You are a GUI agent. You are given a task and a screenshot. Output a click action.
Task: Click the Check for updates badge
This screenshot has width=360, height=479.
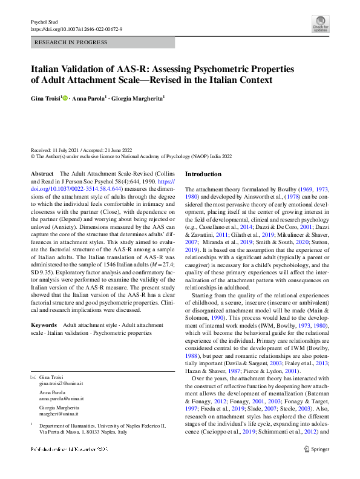pyautogui.click(x=320, y=27)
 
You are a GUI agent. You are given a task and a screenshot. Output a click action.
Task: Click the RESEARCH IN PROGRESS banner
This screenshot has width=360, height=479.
pyautogui.click(x=102, y=42)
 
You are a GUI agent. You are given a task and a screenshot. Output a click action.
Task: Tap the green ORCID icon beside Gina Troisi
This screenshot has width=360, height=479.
pyautogui.click(x=65, y=97)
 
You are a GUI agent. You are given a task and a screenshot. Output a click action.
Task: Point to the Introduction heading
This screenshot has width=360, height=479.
pyautogui.click(x=208, y=174)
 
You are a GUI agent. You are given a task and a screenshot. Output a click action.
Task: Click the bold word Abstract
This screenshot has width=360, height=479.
pyautogui.click(x=42, y=174)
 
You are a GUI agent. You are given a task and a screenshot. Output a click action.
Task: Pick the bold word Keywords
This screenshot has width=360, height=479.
pyautogui.click(x=45, y=326)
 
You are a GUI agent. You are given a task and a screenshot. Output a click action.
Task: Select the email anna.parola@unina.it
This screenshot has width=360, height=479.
pyautogui.click(x=61, y=382)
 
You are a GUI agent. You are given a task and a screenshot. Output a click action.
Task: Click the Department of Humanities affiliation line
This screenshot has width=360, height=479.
pyautogui.click(x=102, y=409)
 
